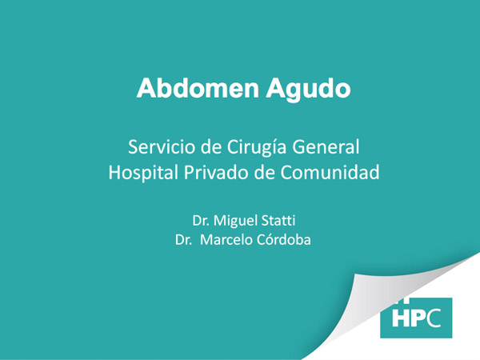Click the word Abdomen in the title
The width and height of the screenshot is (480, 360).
[198, 88]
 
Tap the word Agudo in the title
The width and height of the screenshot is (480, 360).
[308, 90]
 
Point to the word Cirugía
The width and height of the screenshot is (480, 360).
[257, 147]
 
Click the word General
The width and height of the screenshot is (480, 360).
[326, 146]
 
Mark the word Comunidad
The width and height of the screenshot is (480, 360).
[330, 172]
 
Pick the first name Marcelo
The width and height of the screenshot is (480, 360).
[226, 240]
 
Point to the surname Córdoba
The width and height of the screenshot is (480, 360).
[284, 239]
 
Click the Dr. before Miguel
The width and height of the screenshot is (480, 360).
[201, 221]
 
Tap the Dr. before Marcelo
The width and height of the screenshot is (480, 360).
[184, 240]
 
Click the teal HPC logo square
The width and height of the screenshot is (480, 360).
[416, 318]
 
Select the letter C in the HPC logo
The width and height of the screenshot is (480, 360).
[433, 318]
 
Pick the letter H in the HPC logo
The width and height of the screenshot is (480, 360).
[399, 318]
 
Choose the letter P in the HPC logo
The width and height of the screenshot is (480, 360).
[416, 318]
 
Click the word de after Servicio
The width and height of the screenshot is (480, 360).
[211, 146]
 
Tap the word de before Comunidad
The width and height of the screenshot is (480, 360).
[265, 172]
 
